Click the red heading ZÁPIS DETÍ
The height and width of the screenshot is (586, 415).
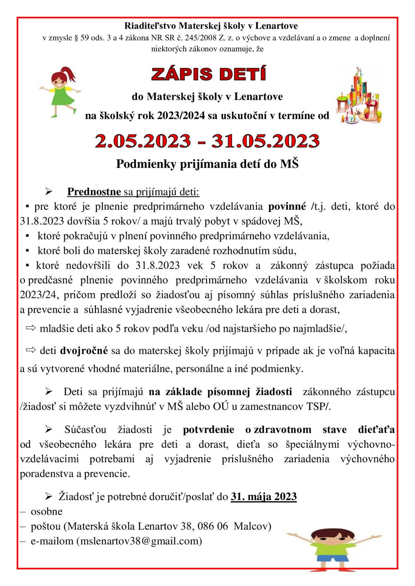(x=209, y=74)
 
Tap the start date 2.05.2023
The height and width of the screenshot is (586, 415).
(x=143, y=141)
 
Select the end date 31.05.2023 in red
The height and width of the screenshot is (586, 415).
(x=266, y=141)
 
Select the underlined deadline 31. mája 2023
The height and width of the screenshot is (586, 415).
(x=264, y=497)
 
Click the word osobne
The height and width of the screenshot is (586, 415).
(x=47, y=511)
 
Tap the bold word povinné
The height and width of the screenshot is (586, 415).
(x=287, y=207)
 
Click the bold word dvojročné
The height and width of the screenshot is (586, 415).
(x=84, y=351)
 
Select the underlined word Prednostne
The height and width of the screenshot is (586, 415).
(x=94, y=191)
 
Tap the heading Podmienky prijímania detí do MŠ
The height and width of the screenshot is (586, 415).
(x=207, y=164)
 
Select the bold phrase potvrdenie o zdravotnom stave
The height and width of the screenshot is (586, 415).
(x=247, y=429)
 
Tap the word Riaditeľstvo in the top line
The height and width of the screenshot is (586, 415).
(x=150, y=26)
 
